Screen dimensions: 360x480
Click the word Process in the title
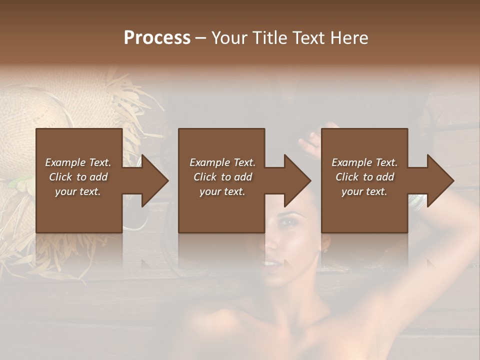(x=157, y=38)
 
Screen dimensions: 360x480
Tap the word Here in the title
(x=349, y=38)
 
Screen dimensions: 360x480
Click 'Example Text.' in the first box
(x=78, y=162)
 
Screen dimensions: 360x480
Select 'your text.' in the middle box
(x=222, y=191)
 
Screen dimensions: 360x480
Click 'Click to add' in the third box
(x=364, y=177)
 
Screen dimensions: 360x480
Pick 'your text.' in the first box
(x=78, y=191)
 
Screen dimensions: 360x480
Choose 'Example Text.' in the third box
(x=364, y=162)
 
